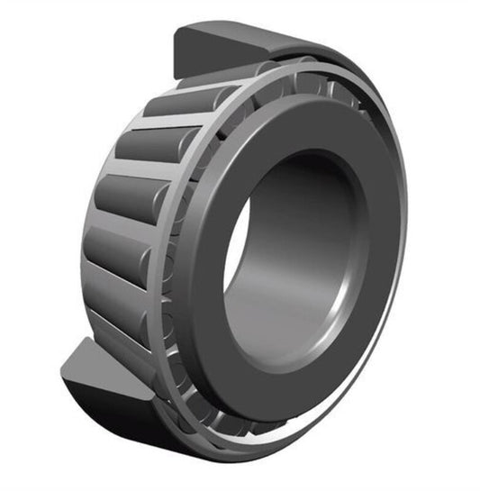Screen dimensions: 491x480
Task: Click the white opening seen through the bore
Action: pos(236,261)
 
